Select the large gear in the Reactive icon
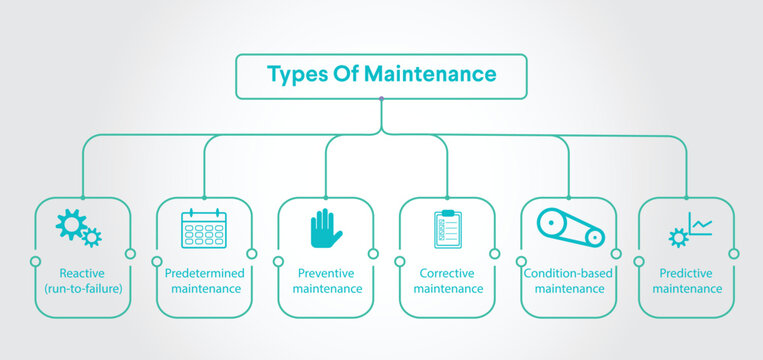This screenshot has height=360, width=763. [x=70, y=224]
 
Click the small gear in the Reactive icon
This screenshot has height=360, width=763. [x=92, y=237]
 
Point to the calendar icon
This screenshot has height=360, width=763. [x=204, y=229]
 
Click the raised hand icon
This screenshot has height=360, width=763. [x=326, y=229]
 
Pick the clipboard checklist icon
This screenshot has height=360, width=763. [x=447, y=229]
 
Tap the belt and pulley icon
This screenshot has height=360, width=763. [x=570, y=227]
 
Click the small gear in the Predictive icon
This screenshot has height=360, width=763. [x=678, y=237]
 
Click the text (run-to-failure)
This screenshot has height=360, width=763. [x=82, y=288]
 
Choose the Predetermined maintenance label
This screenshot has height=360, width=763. [x=204, y=280]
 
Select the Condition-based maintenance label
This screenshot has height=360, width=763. [x=569, y=280]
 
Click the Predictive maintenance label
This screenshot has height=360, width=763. [x=687, y=280]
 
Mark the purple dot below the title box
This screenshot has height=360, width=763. [x=381, y=98]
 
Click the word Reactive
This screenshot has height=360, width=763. [x=82, y=272]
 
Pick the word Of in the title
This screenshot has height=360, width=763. [x=343, y=74]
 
